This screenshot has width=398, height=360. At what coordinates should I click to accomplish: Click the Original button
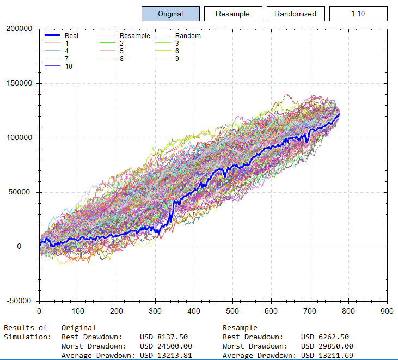pos(170,14)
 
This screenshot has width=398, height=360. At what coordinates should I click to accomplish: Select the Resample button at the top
pos(232,14)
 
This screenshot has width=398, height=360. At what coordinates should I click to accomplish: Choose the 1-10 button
pos(358,14)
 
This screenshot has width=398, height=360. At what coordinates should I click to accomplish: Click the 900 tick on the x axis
pos(387,311)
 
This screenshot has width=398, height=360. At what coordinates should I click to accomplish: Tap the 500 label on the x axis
pos(232,311)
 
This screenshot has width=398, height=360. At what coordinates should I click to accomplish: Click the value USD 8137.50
pos(164,337)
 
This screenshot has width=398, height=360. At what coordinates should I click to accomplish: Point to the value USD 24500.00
pos(166,346)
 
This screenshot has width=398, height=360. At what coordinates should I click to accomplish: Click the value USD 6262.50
pos(324,337)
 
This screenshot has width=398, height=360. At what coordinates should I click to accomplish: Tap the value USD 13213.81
pos(166,356)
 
